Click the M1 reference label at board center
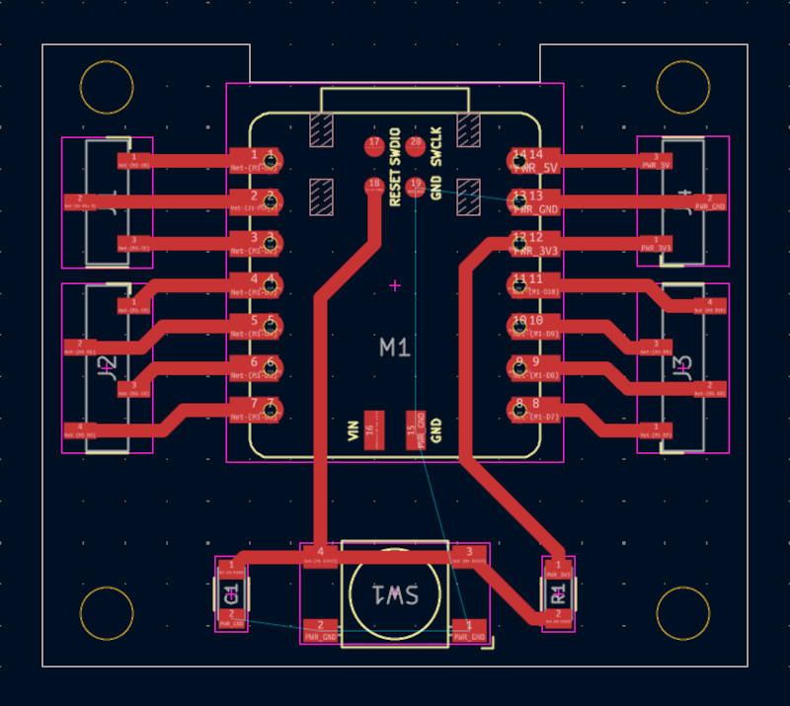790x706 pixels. [396, 348]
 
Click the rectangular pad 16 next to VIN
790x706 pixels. [372, 430]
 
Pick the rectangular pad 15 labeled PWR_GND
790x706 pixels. [416, 430]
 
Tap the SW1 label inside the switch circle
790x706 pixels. [396, 594]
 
